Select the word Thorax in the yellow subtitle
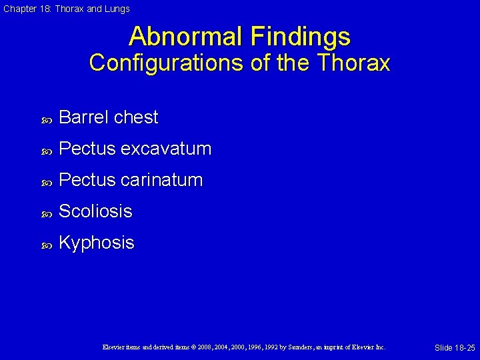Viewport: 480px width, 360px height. click(x=355, y=63)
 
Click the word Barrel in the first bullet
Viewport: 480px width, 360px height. click(x=84, y=117)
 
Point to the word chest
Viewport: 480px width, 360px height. click(x=136, y=117)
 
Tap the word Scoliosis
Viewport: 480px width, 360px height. click(x=95, y=211)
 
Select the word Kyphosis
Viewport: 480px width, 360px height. click(x=97, y=243)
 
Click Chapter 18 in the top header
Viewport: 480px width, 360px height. click(x=25, y=9)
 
